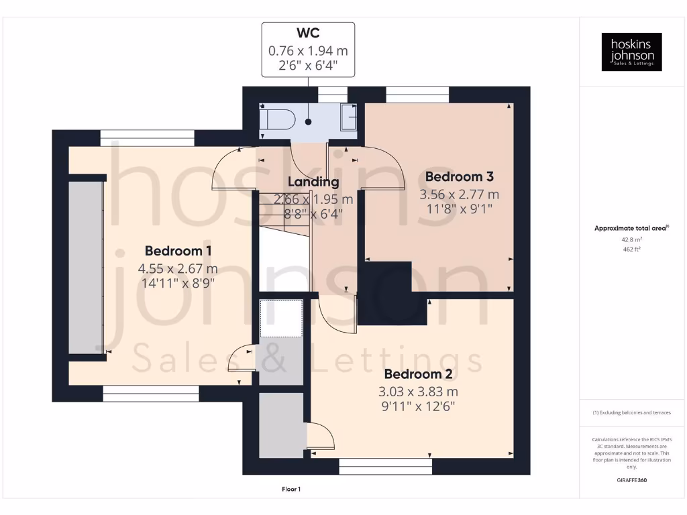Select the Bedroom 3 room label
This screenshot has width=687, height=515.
pos(460,177)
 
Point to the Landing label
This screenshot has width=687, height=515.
pos(313,182)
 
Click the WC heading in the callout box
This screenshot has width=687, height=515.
pos(308,34)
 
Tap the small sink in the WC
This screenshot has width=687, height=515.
pos(350,117)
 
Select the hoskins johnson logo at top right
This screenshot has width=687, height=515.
pos(631,52)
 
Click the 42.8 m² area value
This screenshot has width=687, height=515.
pos(631,239)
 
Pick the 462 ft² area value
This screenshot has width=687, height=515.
pos(631,249)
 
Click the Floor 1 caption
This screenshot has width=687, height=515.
pos(291,490)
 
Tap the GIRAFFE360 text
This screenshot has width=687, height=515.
pos(631,480)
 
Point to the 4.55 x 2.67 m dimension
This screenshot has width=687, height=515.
pos(178,268)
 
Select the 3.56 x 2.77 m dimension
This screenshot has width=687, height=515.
pos(460,195)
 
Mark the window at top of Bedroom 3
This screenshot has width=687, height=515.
pos(417,95)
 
